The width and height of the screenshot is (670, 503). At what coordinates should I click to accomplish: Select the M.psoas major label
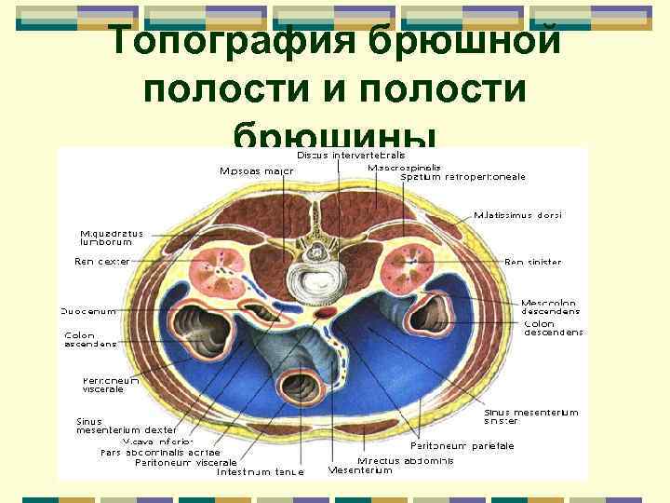click(x=257, y=170)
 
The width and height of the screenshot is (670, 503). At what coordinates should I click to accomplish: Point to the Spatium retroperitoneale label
click(x=462, y=176)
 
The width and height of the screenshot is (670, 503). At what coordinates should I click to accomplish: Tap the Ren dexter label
click(x=101, y=262)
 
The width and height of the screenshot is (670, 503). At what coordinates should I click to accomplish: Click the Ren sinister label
click(x=532, y=263)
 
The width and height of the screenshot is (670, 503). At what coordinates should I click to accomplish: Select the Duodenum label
click(x=88, y=311)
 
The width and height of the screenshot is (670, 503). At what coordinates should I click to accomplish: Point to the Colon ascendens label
click(x=91, y=339)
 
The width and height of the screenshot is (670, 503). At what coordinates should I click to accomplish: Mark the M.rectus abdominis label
click(x=405, y=460)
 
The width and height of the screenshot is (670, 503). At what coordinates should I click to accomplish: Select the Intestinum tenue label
click(x=261, y=471)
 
